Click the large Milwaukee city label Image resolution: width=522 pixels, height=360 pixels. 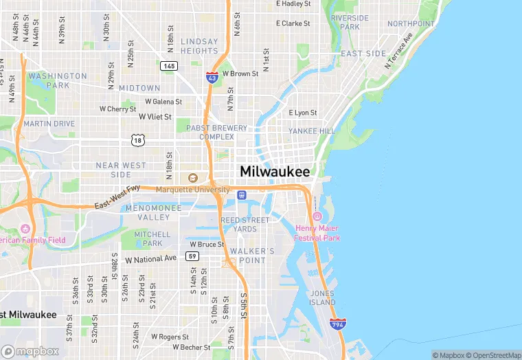pyautogui.click(x=275, y=172)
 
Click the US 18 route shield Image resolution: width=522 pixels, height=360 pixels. pyautogui.click(x=139, y=140)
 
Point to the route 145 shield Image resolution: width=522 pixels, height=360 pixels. pyautogui.click(x=169, y=66)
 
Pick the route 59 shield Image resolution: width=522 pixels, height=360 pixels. pyautogui.click(x=193, y=256)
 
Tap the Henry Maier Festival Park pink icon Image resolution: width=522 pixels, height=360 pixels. pyautogui.click(x=317, y=216)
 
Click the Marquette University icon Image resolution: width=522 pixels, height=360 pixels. pyautogui.click(x=192, y=178)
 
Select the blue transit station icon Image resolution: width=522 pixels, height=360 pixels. pyautogui.click(x=241, y=195)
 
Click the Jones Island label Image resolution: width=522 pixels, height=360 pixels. pyautogui.click(x=322, y=298)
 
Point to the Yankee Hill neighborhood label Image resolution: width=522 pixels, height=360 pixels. pyautogui.click(x=311, y=131)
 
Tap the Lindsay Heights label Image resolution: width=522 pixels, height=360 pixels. pyautogui.click(x=199, y=46)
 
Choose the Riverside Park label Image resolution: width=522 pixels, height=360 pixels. pyautogui.click(x=350, y=22)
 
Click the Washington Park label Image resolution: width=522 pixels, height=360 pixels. pyautogui.click(x=58, y=80)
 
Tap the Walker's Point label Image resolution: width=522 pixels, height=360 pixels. pyautogui.click(x=248, y=256)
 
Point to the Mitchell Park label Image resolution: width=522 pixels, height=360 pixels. pyautogui.click(x=152, y=238)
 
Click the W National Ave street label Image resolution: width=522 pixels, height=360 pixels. pyautogui.click(x=150, y=258)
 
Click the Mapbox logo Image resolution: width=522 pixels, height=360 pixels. pyautogui.click(x=30, y=350)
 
